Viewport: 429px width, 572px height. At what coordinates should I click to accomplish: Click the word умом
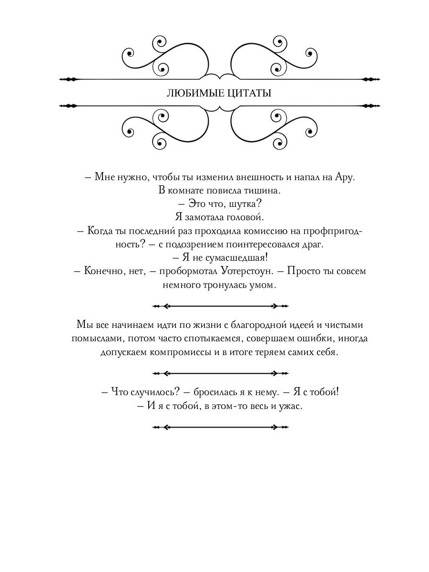coord(264,285)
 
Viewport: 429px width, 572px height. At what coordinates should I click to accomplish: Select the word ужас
coord(292,406)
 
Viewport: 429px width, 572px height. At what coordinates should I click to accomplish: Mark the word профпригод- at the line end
coord(334,231)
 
